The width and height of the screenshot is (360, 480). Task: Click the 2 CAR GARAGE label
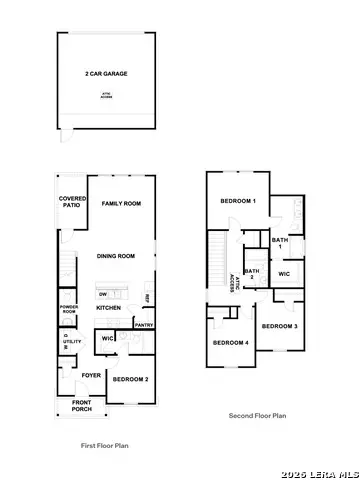106,74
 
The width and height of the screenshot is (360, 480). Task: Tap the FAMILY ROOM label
120,203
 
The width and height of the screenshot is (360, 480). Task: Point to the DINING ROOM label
116,257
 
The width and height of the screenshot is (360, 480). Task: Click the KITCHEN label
109,307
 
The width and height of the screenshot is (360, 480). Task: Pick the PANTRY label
143,325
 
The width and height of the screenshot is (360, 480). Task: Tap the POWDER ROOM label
69,310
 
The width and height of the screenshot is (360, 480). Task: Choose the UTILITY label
72,342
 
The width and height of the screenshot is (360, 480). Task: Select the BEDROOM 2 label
130,380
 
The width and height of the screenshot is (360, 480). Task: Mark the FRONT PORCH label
83,405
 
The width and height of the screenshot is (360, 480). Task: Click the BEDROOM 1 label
238,202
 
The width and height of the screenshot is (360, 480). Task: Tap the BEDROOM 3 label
280,326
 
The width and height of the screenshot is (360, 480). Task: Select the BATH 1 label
281,243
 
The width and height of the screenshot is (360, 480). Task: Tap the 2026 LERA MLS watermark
319,471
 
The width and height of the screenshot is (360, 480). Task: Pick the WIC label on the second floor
284,273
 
